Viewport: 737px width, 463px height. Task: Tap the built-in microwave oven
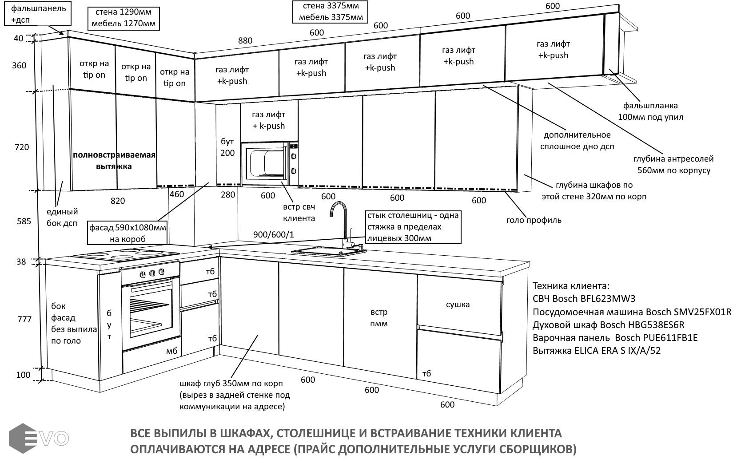[x=265, y=163]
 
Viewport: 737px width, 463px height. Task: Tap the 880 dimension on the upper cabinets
[x=245, y=41]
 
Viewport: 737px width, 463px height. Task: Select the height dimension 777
[x=24, y=319]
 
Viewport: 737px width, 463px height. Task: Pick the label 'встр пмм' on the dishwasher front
[x=378, y=318]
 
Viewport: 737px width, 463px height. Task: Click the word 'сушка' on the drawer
[x=458, y=305]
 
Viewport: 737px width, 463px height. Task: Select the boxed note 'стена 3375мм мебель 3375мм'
[x=331, y=12]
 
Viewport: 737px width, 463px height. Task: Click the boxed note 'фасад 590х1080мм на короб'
[x=127, y=233]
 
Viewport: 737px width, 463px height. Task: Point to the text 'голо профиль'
[x=534, y=220]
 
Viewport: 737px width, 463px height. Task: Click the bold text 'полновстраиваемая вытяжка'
[x=114, y=161]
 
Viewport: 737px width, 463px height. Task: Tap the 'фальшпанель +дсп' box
[x=38, y=14]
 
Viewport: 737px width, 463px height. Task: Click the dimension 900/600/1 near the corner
[x=273, y=234]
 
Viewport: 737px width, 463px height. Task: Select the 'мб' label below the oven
[x=171, y=351]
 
